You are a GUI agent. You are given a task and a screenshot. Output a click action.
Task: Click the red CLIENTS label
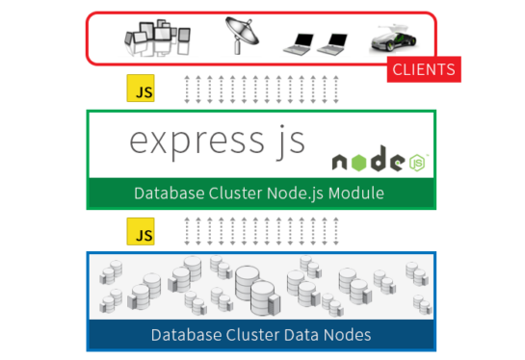424,70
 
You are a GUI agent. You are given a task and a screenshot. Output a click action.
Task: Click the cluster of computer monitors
154,39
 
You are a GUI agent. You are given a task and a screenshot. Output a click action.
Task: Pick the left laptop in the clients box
299,42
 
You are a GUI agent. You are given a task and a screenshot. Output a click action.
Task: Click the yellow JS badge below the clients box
141,90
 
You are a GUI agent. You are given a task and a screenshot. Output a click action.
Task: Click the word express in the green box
187,141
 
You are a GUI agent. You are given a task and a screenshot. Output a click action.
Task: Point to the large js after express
284,142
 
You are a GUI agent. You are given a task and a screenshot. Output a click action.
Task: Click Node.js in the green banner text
290,194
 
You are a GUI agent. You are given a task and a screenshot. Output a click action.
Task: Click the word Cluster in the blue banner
250,335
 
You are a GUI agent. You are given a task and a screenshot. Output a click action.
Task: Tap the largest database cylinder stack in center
253,286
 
